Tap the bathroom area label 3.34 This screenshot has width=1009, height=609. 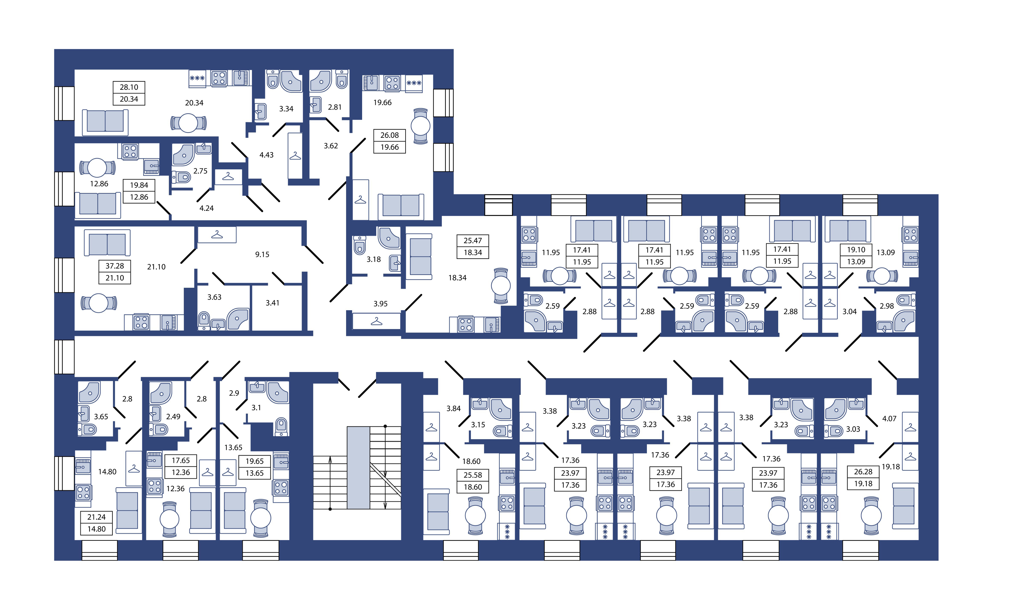tap(286, 109)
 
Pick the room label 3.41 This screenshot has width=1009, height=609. tap(272, 303)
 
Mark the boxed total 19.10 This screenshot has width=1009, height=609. tap(856, 250)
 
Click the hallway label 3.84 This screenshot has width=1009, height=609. tap(453, 408)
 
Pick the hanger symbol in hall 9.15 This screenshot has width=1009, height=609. tap(217, 235)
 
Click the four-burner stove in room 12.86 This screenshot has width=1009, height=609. tap(130, 151)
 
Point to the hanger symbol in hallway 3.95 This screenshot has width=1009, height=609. tap(376, 322)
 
